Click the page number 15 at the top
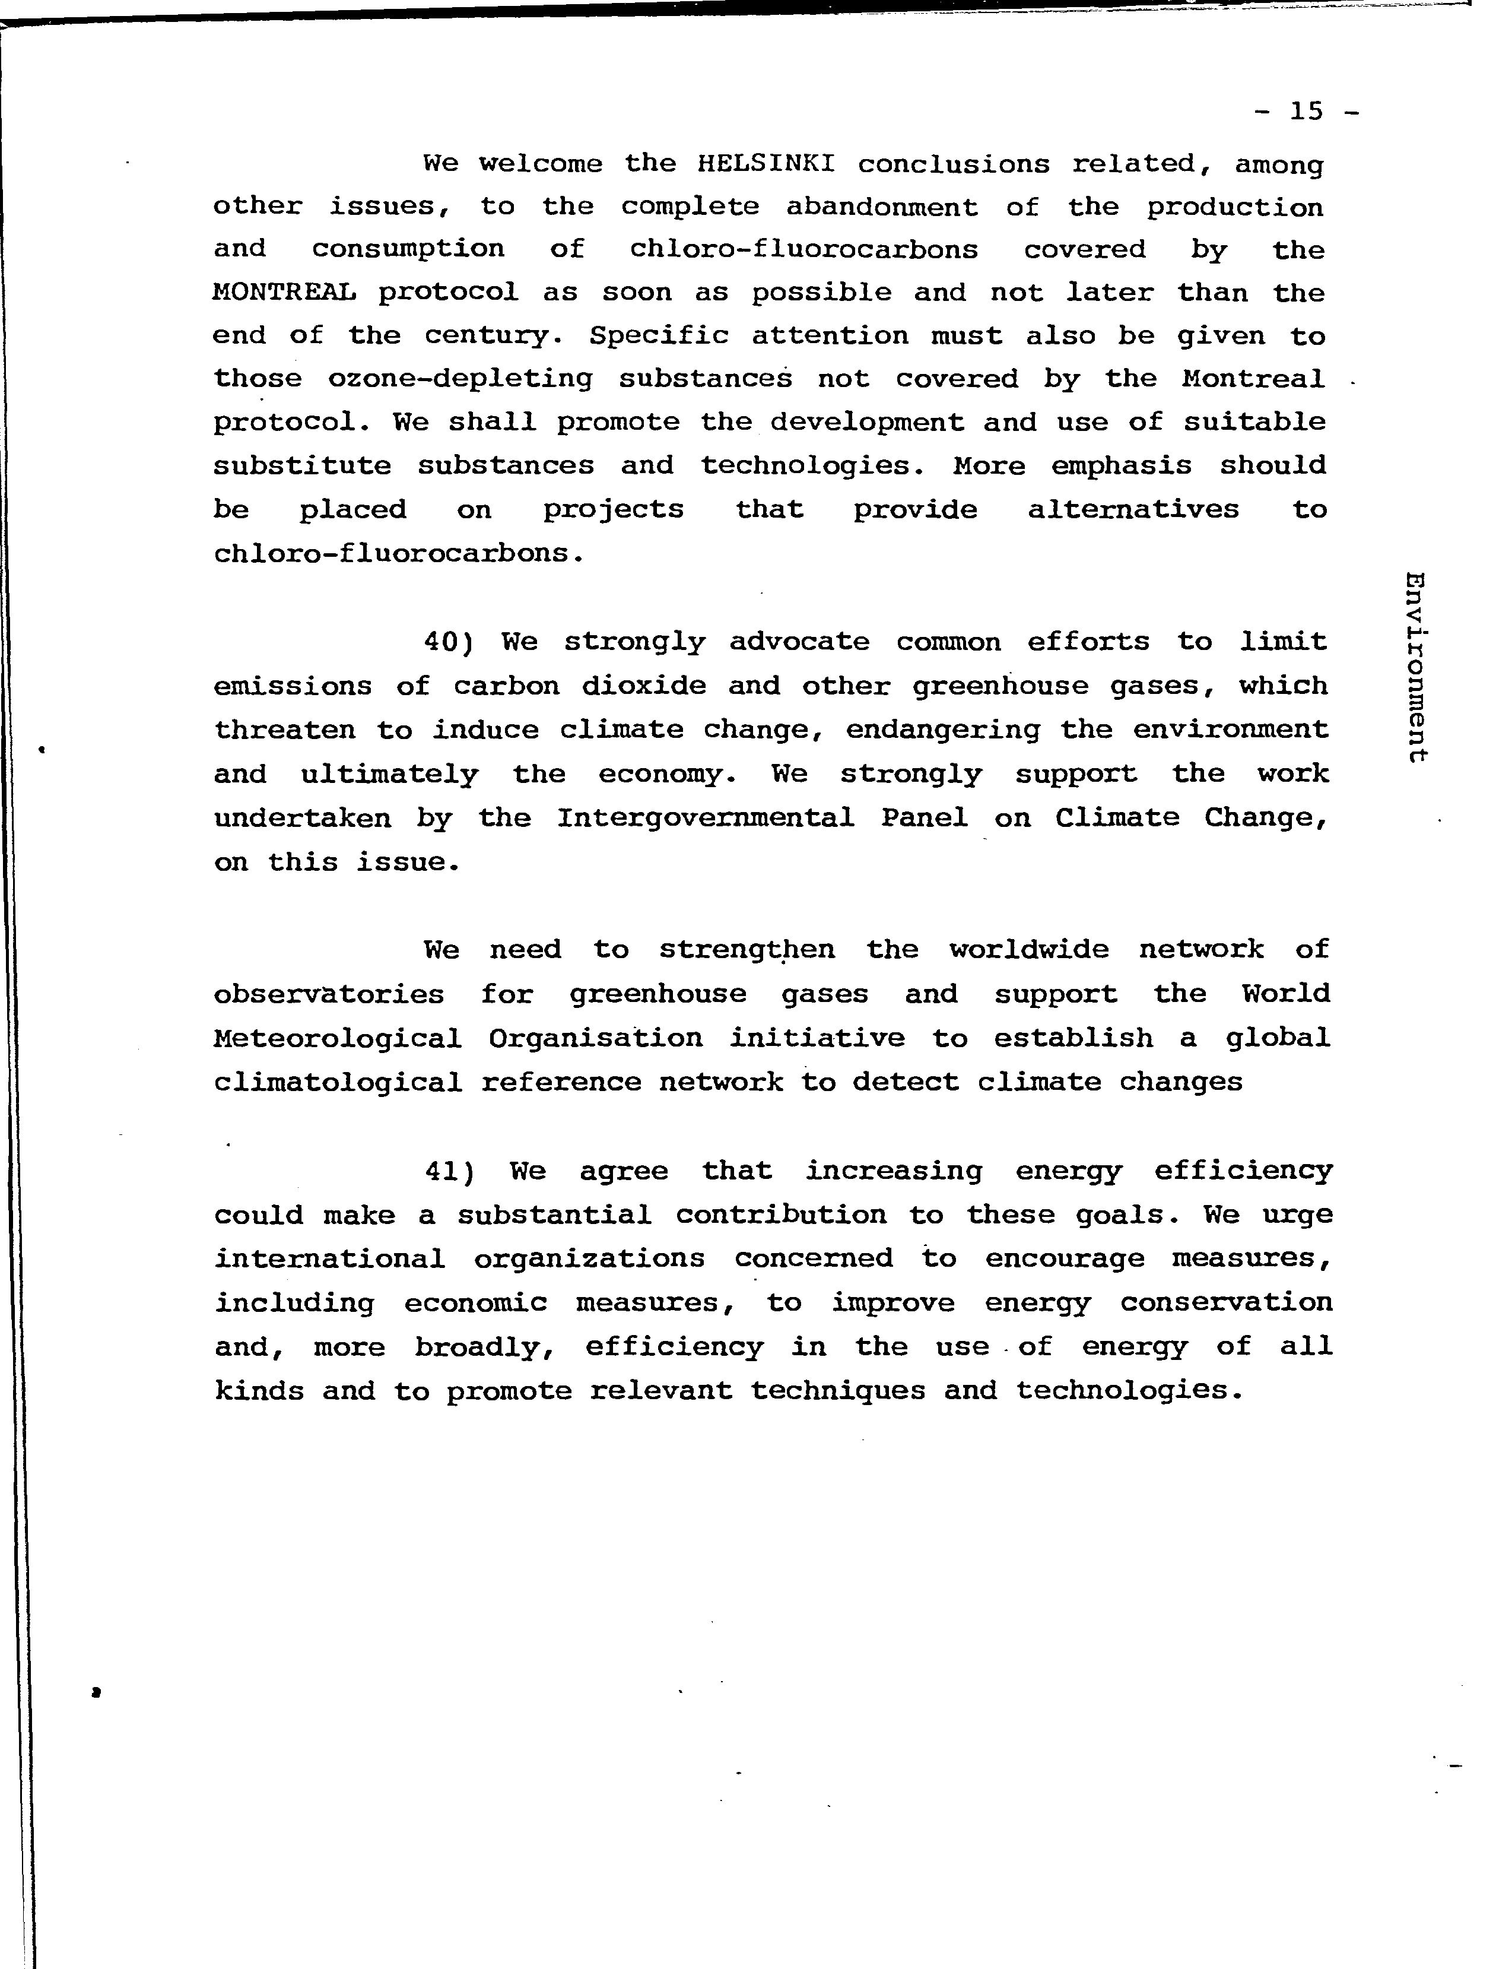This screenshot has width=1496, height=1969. (x=1306, y=112)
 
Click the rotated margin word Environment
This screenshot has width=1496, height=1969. (x=1415, y=666)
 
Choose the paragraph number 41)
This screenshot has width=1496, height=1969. (x=449, y=1171)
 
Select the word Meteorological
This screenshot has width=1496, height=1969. (x=338, y=1038)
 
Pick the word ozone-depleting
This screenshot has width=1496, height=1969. (x=460, y=379)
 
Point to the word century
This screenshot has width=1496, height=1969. (x=493, y=336)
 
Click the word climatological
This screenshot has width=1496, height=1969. (x=338, y=1083)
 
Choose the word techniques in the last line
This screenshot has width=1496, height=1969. (x=837, y=1390)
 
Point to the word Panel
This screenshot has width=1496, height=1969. (x=925, y=817)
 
